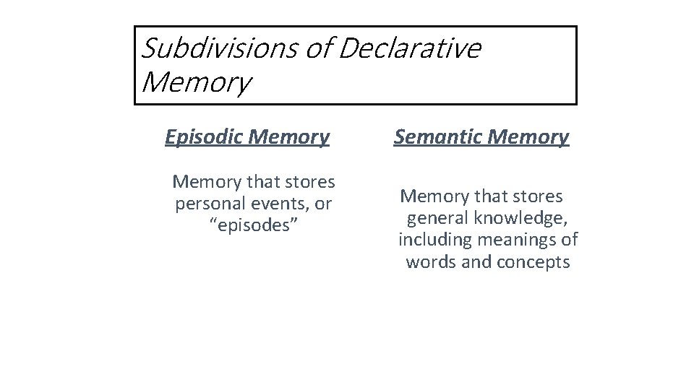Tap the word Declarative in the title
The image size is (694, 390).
pyautogui.click(x=408, y=48)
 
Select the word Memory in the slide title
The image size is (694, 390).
pyautogui.click(x=196, y=82)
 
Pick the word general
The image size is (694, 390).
pyautogui.click(x=438, y=218)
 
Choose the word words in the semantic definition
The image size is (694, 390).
pyautogui.click(x=431, y=261)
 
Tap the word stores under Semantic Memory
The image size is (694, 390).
pyautogui.click(x=535, y=196)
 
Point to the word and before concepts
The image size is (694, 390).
pyautogui.click(x=476, y=261)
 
